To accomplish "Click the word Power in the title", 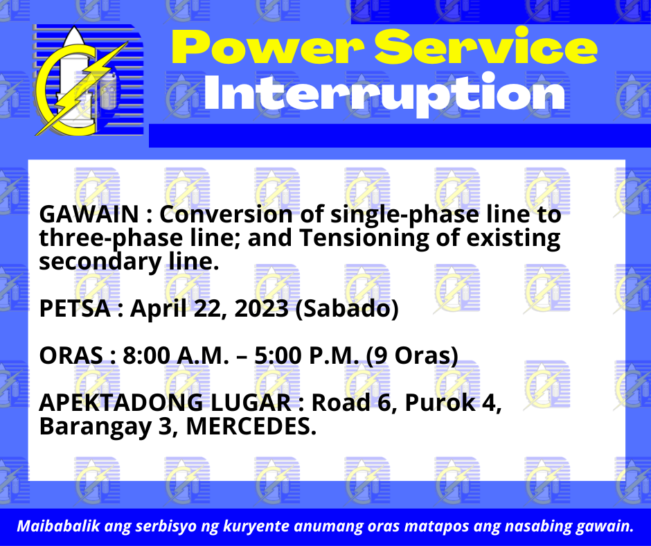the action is point(268,47).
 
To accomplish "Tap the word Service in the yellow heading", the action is point(485,46).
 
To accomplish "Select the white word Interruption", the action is point(384,94).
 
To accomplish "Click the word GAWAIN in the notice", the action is point(89,214).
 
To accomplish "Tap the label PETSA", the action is point(75,308).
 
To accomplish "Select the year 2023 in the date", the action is point(262,308).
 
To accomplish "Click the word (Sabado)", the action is point(347,309).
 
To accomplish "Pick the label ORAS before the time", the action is point(71,355).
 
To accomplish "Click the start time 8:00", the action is point(147,355).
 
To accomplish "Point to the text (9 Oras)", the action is point(412,356).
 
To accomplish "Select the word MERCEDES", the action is point(251,426).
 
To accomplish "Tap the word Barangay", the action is point(96,428).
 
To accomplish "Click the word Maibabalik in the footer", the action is point(58,526).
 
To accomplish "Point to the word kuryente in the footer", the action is point(257,527).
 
